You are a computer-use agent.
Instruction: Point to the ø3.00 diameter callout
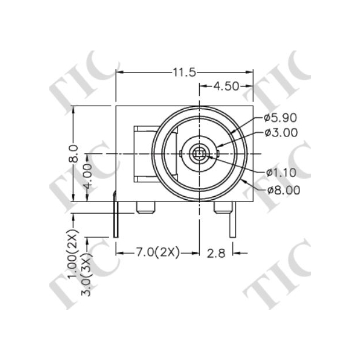(x=281, y=132)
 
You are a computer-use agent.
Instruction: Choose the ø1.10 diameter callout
(x=281, y=172)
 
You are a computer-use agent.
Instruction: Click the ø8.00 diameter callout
(x=283, y=190)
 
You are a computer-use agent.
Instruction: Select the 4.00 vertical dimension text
(x=87, y=177)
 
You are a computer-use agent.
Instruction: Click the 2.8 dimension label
(x=216, y=252)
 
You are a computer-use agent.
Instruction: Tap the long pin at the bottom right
(x=233, y=224)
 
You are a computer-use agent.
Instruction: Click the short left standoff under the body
(x=145, y=207)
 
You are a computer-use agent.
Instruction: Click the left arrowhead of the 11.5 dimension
(x=119, y=72)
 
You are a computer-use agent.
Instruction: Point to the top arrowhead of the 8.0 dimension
(x=73, y=109)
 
